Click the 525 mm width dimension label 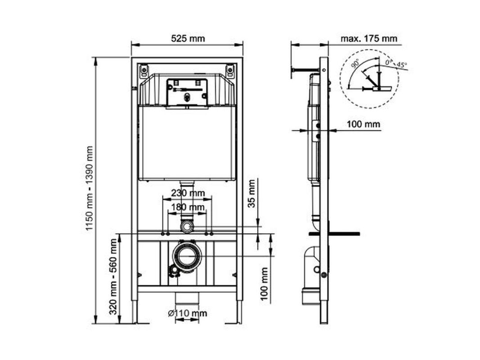click(188, 39)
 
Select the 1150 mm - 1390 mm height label click(89, 189)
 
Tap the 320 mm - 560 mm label click(113, 277)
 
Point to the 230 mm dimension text click(188, 193)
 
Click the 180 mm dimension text click(188, 207)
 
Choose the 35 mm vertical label click(251, 193)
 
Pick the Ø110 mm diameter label click(188, 313)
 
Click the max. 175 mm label click(369, 39)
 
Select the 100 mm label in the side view click(363, 124)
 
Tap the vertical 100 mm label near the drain click(264, 284)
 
